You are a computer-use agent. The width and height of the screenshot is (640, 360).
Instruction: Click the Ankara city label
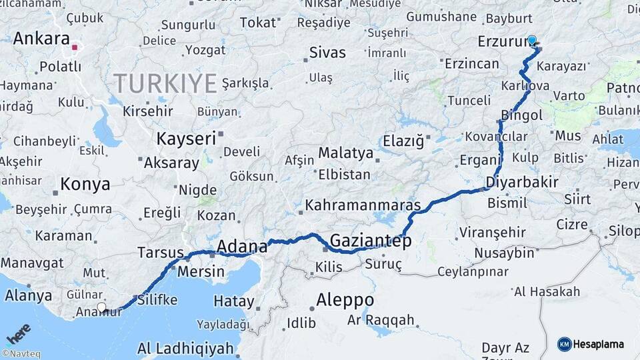(41, 38)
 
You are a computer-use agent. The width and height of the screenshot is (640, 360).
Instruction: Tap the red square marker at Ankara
(75, 47)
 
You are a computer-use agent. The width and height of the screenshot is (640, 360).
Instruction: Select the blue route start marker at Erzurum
(532, 40)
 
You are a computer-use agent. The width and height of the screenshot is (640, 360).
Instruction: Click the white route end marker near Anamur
(101, 307)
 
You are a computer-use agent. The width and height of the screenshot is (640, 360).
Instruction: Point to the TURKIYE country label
(165, 84)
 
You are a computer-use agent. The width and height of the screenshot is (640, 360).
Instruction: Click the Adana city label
(243, 246)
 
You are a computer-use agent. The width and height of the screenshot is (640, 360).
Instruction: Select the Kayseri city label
(186, 139)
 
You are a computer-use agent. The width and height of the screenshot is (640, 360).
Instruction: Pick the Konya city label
(85, 184)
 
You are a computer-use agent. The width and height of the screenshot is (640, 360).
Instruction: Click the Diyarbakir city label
(522, 182)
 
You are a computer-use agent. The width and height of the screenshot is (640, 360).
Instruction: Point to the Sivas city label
(328, 53)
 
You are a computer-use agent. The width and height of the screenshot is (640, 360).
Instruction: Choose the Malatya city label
(345, 153)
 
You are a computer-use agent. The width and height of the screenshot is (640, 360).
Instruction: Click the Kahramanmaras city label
(363, 205)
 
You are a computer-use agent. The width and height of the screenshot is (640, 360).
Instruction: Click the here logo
(18, 334)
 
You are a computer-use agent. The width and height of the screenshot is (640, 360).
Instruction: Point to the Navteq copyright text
(21, 354)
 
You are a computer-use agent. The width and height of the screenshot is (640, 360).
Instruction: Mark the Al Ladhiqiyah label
(185, 348)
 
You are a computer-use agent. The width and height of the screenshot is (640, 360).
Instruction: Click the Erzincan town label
(471, 64)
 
